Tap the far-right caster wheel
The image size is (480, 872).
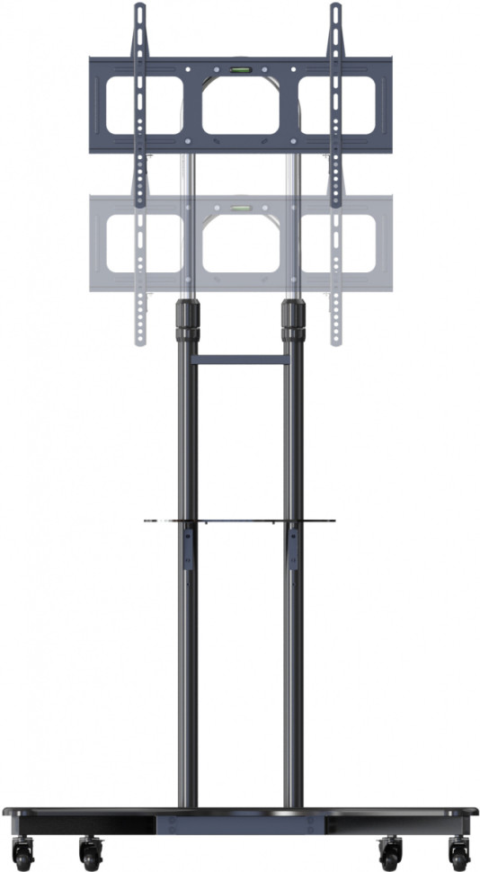pyautogui.click(x=458, y=851)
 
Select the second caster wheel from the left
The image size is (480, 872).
pyautogui.click(x=90, y=851)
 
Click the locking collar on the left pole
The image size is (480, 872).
pyautogui.click(x=189, y=320)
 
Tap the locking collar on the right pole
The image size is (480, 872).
pyautogui.click(x=293, y=320)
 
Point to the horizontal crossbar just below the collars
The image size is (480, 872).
pyautogui.click(x=241, y=359)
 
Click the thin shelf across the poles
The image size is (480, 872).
pyautogui.click(x=240, y=520)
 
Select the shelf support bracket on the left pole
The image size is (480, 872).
pyautogui.click(x=189, y=548)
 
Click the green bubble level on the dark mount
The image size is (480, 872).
pyautogui.click(x=240, y=67)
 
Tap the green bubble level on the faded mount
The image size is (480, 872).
pyautogui.click(x=240, y=208)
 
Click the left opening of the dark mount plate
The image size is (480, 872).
pyautogui.click(x=144, y=105)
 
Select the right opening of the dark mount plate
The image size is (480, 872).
pyautogui.click(x=338, y=105)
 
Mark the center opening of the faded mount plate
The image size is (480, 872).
pyautogui.click(x=240, y=245)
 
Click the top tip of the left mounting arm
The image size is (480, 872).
pyautogui.click(x=139, y=8)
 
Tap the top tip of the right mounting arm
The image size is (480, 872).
pyautogui.click(x=336, y=8)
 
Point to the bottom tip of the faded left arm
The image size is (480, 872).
pyautogui.click(x=139, y=341)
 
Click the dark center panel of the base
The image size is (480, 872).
pyautogui.click(x=240, y=823)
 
